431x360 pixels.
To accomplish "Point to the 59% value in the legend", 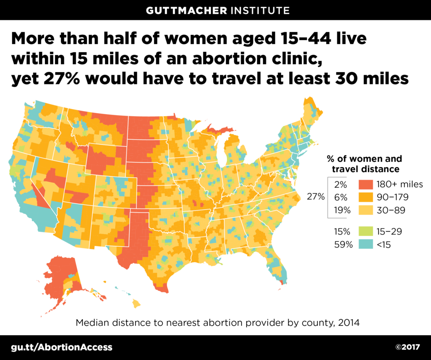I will coord(343,244).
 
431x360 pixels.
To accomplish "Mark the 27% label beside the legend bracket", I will coord(316,197).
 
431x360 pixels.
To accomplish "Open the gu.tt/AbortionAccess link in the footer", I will coord(62,347).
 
